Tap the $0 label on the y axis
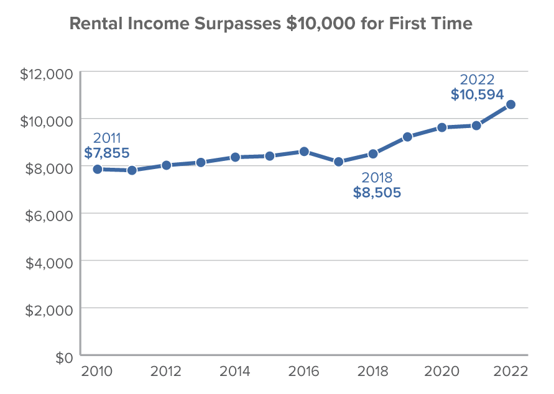click(x=64, y=356)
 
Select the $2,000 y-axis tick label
click(x=50, y=309)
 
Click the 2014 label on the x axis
click(x=235, y=372)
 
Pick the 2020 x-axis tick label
click(x=441, y=372)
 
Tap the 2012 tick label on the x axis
click(x=166, y=372)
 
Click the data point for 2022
click(x=510, y=104)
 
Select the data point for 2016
click(x=304, y=152)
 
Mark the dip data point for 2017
click(x=339, y=162)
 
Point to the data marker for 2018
click(x=373, y=153)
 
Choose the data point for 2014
click(x=235, y=157)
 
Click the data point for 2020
click(x=441, y=127)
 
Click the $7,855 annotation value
click(x=107, y=152)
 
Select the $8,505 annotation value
click(x=377, y=193)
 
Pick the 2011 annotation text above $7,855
click(x=107, y=137)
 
